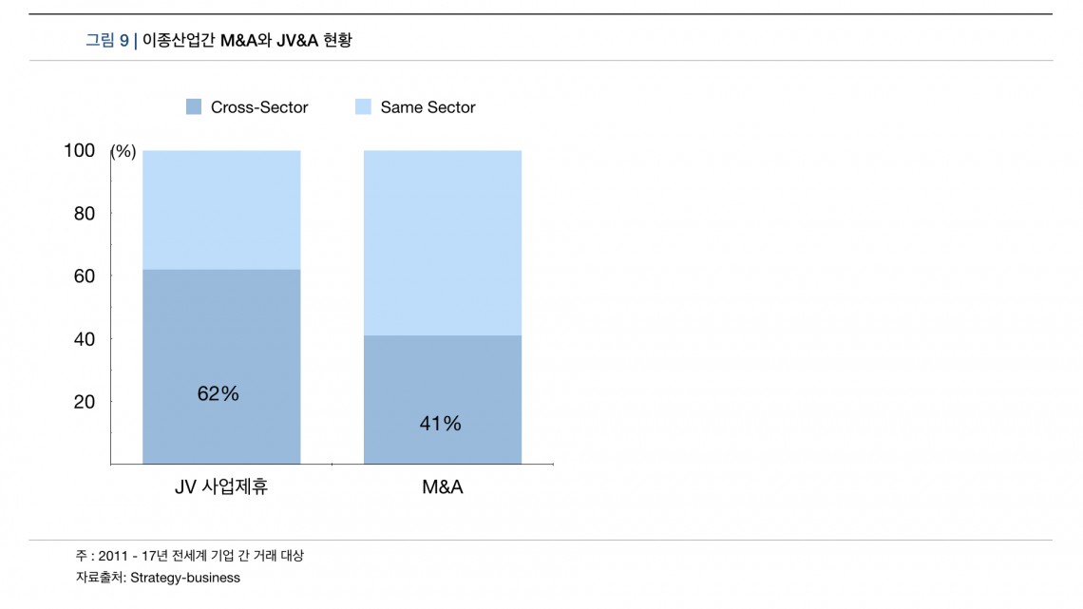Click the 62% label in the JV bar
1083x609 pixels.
[x=218, y=393]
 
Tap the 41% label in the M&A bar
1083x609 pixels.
[x=440, y=424]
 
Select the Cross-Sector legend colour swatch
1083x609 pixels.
[x=194, y=107]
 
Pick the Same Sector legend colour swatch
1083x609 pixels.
[x=363, y=107]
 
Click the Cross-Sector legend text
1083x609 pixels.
[x=259, y=107]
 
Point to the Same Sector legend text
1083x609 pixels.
[x=427, y=107]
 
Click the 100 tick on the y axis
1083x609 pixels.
[x=80, y=150]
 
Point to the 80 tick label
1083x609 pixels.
[x=85, y=214]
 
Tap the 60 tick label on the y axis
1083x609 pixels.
[x=85, y=276]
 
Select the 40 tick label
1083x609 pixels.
[x=85, y=339]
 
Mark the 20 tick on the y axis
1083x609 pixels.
[x=85, y=402]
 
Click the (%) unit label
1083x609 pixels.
[x=123, y=151]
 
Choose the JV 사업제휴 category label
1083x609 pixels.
[x=221, y=487]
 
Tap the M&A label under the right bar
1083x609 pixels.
[x=443, y=487]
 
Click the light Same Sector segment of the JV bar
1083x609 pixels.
[x=221, y=209]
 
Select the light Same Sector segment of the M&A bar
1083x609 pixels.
[x=443, y=242]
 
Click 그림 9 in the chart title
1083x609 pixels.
[x=107, y=40]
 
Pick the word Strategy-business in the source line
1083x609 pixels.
[x=185, y=578]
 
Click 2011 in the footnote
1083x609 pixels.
[x=113, y=556]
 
